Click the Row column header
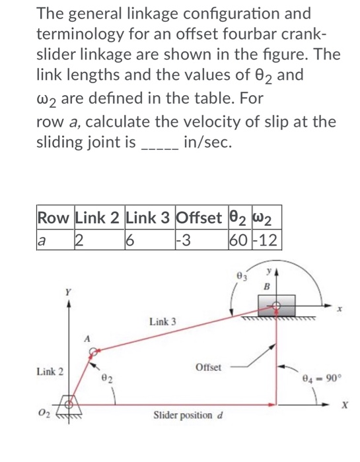click(x=55, y=216)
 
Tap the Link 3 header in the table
click(x=150, y=216)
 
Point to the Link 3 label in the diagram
click(x=162, y=321)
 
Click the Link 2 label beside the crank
click(x=50, y=372)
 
